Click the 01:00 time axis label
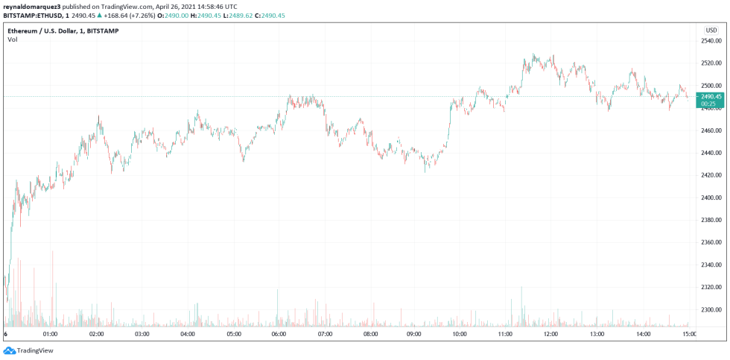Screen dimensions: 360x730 pos(50,334)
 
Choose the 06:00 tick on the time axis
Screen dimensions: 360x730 pos(279,334)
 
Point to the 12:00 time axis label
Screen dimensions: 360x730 pos(551,334)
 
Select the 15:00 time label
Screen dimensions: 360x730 pos(689,334)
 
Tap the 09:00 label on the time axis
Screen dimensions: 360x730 pos(416,334)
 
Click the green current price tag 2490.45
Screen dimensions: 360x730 pos(711,96)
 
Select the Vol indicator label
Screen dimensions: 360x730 pos(13,40)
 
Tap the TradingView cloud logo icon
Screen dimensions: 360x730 pos(9,350)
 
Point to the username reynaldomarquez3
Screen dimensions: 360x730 pos(32,5)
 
